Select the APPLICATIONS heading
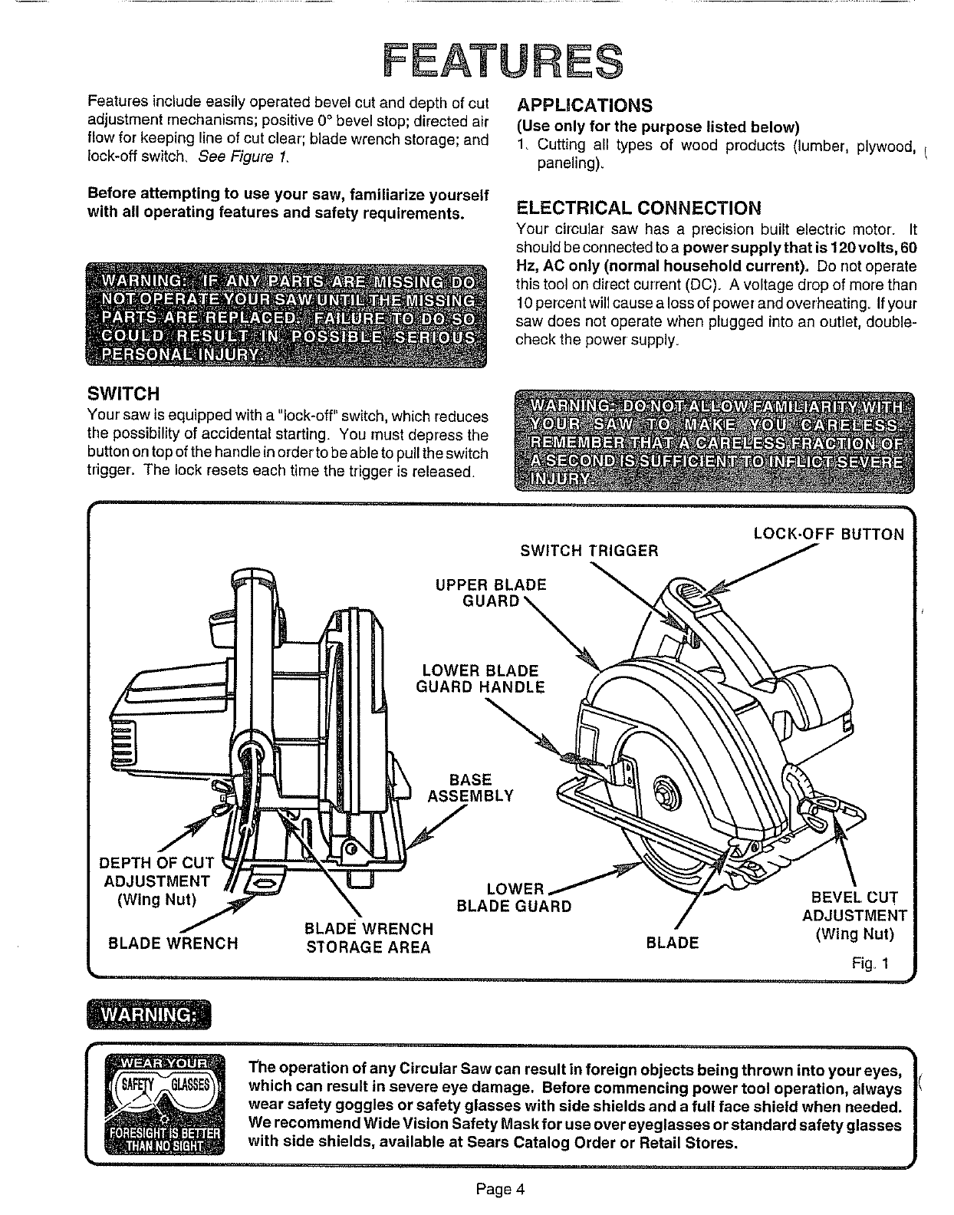585,105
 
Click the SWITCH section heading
123,393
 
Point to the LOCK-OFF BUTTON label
828,535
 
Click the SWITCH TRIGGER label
589,551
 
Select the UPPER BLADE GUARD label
491,592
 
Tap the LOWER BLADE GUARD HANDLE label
480,679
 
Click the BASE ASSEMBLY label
470,788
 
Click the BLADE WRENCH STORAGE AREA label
369,938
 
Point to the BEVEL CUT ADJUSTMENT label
855,915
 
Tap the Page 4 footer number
499,1190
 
